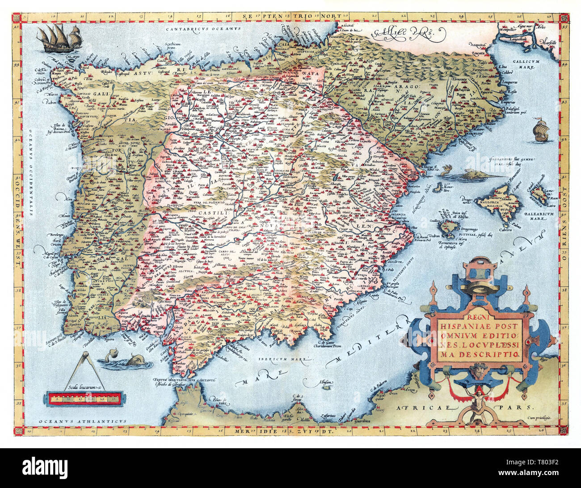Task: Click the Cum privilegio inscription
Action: tap(536, 416)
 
